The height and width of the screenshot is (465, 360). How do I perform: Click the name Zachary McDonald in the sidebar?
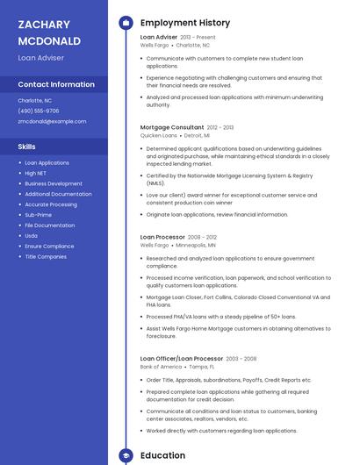pyautogui.click(x=49, y=32)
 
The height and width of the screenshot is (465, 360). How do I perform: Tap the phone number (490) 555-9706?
pyautogui.click(x=39, y=111)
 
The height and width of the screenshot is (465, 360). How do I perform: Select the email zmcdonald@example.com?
pyautogui.click(x=52, y=121)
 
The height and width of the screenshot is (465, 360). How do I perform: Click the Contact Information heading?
pyautogui.click(x=56, y=84)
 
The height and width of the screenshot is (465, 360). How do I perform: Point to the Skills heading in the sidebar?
pyautogui.click(x=27, y=147)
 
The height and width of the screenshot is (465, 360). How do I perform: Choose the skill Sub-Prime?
pyautogui.click(x=38, y=215)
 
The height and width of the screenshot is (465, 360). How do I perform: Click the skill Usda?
pyautogui.click(x=31, y=236)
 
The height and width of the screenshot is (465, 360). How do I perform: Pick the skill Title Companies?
pyautogui.click(x=46, y=257)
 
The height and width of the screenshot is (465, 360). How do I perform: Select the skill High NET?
pyautogui.click(x=36, y=173)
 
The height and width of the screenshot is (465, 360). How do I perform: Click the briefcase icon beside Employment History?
pyautogui.click(x=125, y=23)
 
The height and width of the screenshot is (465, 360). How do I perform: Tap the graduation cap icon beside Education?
pyautogui.click(x=125, y=455)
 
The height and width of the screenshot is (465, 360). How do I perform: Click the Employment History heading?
pyautogui.click(x=184, y=23)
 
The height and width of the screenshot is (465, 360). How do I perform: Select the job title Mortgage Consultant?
pyautogui.click(x=172, y=127)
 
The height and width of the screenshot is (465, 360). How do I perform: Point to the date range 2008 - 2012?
pyautogui.click(x=202, y=237)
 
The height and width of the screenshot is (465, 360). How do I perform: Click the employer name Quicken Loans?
pyautogui.click(x=159, y=136)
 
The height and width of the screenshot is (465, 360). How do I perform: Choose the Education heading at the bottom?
pyautogui.click(x=162, y=455)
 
